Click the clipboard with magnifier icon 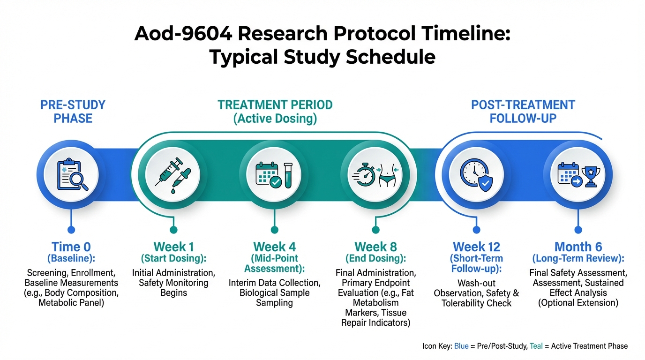[73, 174]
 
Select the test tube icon [288, 175]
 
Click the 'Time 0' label [71, 247]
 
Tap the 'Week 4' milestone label [274, 247]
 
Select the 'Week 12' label [477, 247]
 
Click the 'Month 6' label [578, 247]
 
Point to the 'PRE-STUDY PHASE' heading [73, 112]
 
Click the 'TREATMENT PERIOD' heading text [275, 105]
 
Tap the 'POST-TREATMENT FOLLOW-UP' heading [523, 112]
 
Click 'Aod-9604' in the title [183, 34]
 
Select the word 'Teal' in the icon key [536, 346]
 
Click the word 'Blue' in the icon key [461, 346]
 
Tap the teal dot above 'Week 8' [375, 230]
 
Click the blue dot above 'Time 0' [71, 230]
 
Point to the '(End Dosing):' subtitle [376, 258]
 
